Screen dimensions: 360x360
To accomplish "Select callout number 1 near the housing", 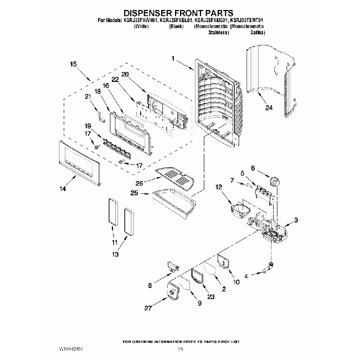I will point(173,58).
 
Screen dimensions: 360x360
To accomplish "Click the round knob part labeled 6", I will point(272,181).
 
